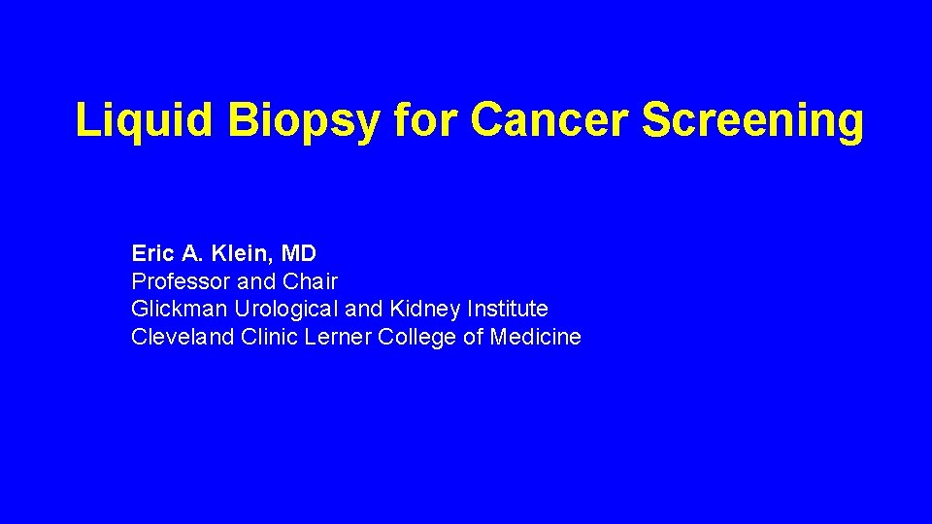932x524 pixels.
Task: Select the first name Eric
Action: click(152, 254)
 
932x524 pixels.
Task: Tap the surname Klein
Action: click(240, 254)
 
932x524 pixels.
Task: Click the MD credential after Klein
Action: click(299, 254)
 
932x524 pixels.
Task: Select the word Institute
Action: click(508, 310)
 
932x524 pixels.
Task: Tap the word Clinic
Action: click(267, 338)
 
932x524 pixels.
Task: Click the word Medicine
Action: click(536, 338)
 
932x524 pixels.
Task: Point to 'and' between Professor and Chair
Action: click(256, 282)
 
